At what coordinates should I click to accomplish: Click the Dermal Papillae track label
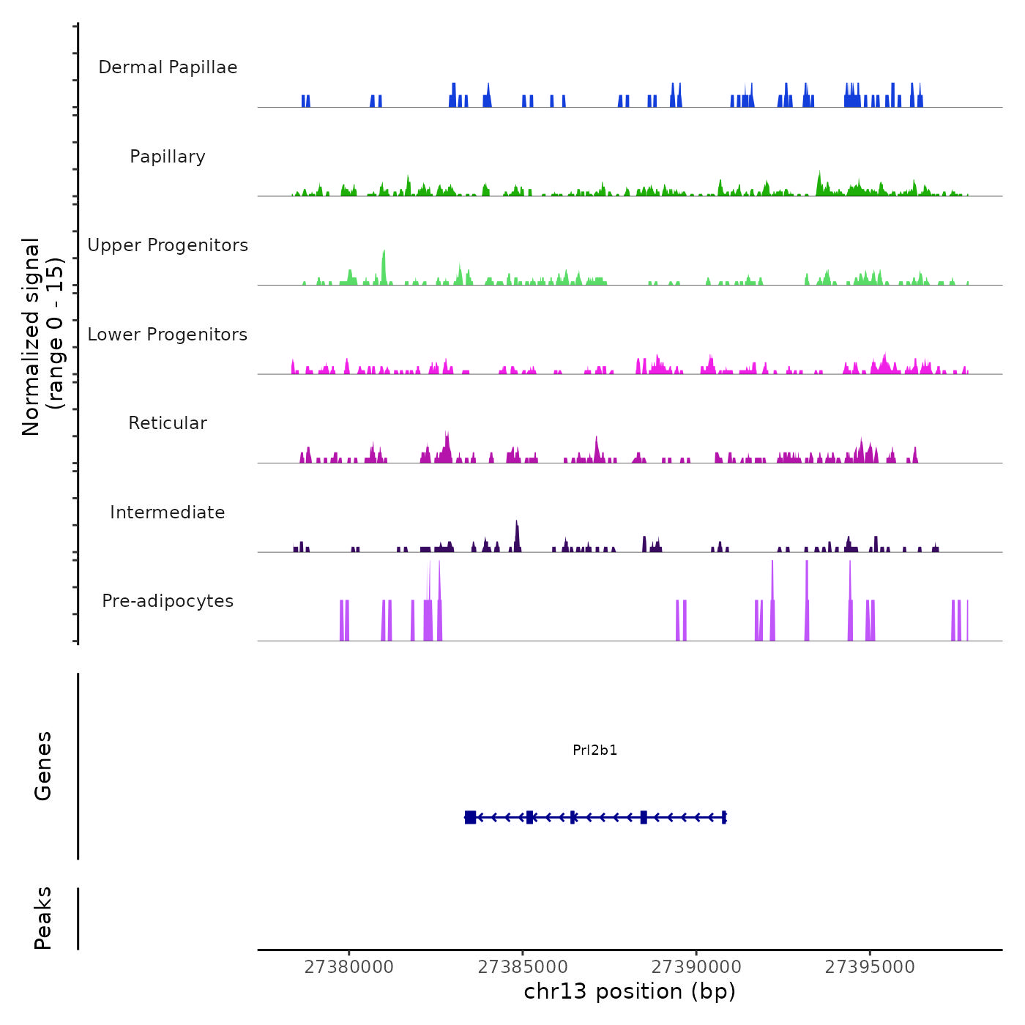(x=168, y=67)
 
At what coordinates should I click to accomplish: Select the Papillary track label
(x=168, y=157)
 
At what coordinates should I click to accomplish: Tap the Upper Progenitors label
(x=168, y=245)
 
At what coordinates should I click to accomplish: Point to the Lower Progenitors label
(x=168, y=335)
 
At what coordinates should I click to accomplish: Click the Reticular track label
(x=168, y=423)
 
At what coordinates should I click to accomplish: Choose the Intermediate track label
(x=168, y=512)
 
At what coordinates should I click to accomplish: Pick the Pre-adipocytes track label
(x=168, y=601)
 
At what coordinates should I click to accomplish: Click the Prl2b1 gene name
(x=594, y=750)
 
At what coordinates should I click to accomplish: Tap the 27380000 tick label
(x=349, y=967)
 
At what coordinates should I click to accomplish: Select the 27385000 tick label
(x=523, y=967)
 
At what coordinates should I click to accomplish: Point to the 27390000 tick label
(x=696, y=967)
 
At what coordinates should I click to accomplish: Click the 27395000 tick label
(x=870, y=967)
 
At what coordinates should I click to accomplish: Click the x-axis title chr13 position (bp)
(x=630, y=991)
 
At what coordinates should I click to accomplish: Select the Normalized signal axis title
(x=42, y=336)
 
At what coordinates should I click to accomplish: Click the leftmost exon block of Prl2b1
(x=470, y=817)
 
